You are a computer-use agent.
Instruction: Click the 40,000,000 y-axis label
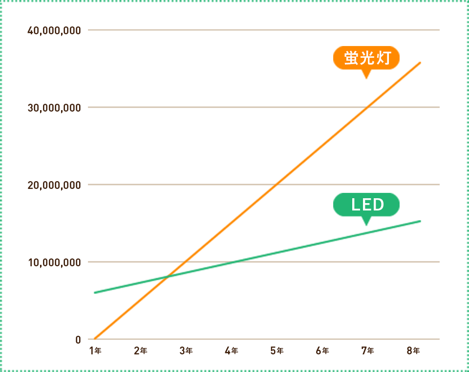coord(54,30)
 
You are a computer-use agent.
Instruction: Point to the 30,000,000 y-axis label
coord(54,108)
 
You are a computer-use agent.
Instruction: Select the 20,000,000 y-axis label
coord(54,185)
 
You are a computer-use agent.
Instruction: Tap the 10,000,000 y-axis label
coord(54,262)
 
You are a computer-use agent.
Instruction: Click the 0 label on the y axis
coord(78,339)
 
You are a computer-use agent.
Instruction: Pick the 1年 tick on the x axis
coord(95,350)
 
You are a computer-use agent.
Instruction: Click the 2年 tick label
coord(140,350)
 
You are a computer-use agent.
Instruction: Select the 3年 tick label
coord(186,350)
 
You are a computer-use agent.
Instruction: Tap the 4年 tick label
coord(231,350)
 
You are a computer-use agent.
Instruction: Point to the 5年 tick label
coord(277,350)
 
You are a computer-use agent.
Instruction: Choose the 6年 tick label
coord(322,350)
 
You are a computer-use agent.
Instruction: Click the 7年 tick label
coord(367,350)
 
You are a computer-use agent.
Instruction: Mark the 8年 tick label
coord(413,350)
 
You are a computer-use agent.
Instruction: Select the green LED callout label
coord(366,205)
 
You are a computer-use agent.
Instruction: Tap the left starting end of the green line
coord(95,293)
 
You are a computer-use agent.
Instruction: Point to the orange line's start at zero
coord(95,339)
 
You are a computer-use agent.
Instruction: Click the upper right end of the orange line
coord(420,63)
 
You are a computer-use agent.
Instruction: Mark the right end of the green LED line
coord(420,221)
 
